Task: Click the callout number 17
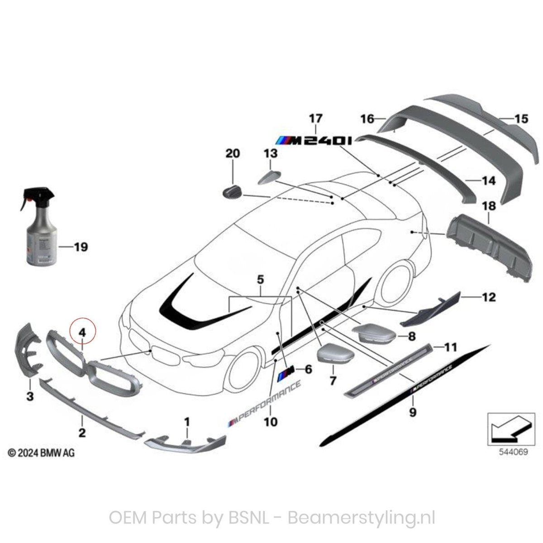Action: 316,119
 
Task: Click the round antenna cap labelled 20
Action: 233,191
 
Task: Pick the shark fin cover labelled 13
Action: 270,176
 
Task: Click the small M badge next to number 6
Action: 287,373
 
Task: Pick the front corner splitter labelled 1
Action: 186,443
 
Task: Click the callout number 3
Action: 30,397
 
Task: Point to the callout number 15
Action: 521,119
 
